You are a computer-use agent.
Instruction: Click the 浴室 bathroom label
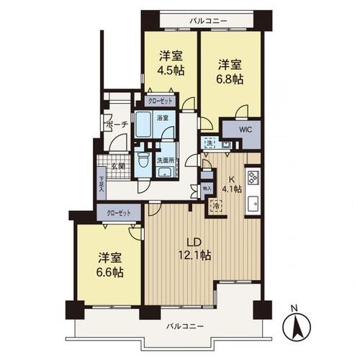[x=163, y=117]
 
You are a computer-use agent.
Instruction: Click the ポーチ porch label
[x=116, y=124]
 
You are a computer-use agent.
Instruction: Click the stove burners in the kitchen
[x=253, y=178]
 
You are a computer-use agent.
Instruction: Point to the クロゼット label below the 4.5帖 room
[x=161, y=102]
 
